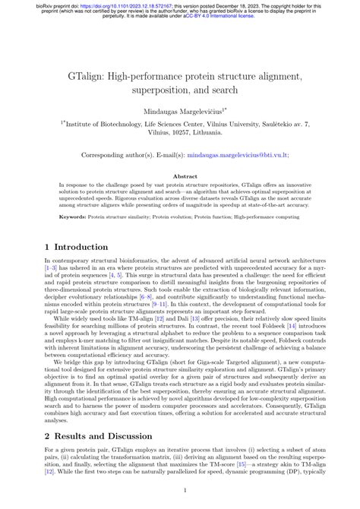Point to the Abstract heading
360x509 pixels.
[x=180, y=176]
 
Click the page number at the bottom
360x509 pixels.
[x=180, y=492]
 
